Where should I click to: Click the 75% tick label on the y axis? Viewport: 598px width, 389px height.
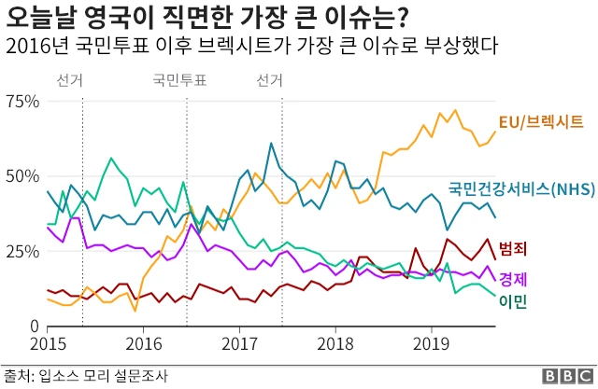[x=21, y=101]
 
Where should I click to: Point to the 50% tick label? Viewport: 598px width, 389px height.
[x=21, y=176]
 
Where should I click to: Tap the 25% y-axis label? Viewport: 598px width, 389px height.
[x=21, y=251]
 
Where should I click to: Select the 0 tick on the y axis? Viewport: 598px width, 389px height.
[x=33, y=326]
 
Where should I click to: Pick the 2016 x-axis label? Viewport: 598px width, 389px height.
[x=143, y=343]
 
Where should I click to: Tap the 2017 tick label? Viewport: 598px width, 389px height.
[x=239, y=343]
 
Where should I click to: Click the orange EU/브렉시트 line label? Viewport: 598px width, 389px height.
[x=541, y=121]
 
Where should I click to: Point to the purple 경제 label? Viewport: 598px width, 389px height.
[x=512, y=278]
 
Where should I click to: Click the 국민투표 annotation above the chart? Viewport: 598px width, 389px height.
[x=179, y=80]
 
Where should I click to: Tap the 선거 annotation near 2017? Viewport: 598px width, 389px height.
[x=270, y=80]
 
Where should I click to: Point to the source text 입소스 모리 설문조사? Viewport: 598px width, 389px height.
[x=103, y=376]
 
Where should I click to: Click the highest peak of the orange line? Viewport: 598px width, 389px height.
[x=455, y=110]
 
